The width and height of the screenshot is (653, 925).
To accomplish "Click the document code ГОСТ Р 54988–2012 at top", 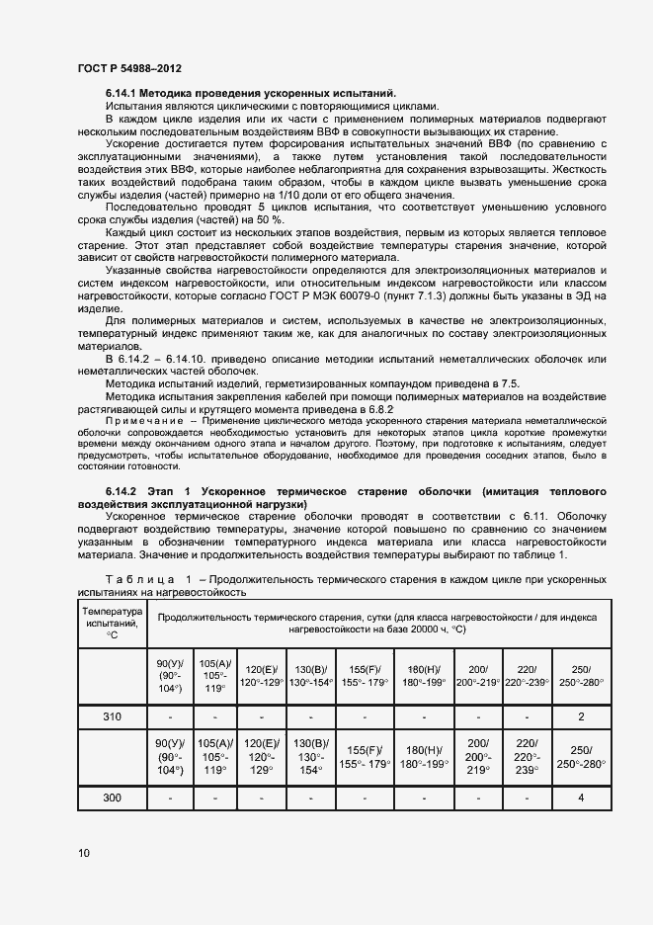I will coord(128,68).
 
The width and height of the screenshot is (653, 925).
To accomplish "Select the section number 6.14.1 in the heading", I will coord(123,92).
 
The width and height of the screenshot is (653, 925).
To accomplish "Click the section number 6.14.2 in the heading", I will coord(123,491).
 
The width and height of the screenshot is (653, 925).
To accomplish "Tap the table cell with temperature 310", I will coord(112,716).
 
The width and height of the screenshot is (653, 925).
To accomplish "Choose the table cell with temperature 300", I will coord(112,797).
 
